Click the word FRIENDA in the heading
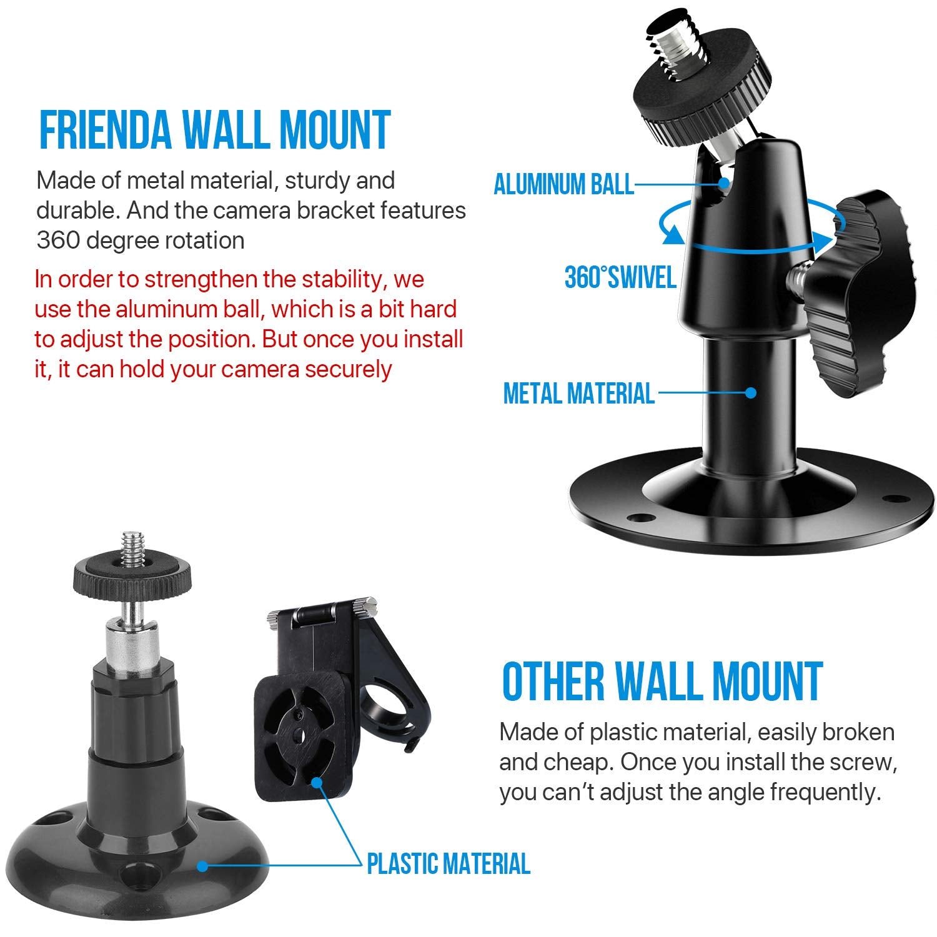click(x=105, y=130)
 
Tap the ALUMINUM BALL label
click(x=563, y=185)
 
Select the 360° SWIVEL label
click(x=620, y=277)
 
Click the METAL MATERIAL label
click(x=578, y=394)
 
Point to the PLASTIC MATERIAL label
click(x=448, y=864)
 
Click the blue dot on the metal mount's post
click(x=751, y=393)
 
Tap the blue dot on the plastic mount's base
click(x=202, y=866)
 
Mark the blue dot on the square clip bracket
click(x=317, y=781)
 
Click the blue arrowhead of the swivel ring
click(x=673, y=235)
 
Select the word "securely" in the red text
click(x=348, y=369)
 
